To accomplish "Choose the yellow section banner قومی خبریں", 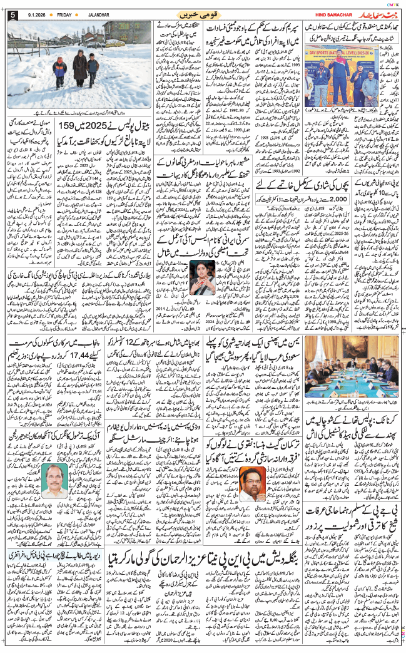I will click(x=201, y=14).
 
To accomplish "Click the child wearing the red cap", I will click(x=60, y=70).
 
